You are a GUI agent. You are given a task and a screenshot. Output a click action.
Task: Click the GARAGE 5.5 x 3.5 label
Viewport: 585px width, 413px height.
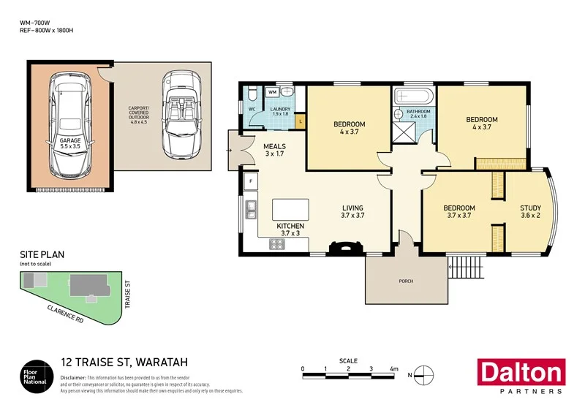(70, 142)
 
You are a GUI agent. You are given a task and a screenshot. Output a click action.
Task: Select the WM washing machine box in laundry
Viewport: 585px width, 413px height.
(271, 93)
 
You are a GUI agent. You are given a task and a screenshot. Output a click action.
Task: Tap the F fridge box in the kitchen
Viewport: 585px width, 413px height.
(251, 179)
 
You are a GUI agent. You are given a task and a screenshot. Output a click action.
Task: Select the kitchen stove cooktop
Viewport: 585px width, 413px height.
(277, 244)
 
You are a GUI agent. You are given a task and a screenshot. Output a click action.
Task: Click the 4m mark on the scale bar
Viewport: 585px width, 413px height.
(393, 369)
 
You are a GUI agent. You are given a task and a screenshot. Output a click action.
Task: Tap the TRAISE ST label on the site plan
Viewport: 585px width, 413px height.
(127, 297)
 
